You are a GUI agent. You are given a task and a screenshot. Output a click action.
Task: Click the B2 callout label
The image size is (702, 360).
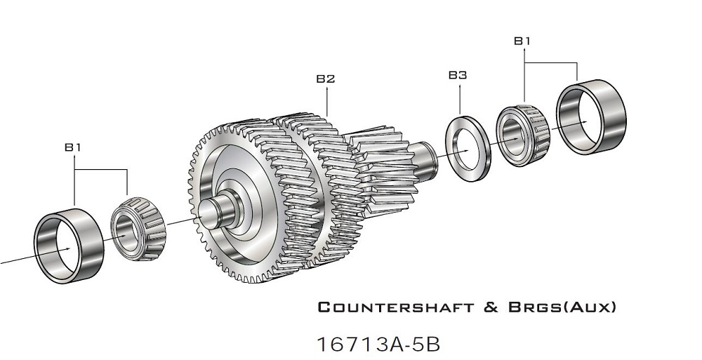pyautogui.click(x=325, y=79)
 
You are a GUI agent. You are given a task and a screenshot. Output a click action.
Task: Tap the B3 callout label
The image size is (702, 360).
pyautogui.click(x=458, y=74)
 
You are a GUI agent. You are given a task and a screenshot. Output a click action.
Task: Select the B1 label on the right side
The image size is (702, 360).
pyautogui.click(x=522, y=41)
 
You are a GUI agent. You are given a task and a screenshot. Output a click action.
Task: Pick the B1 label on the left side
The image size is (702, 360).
pyautogui.click(x=74, y=147)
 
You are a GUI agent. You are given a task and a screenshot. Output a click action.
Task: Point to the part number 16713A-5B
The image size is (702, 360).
pyautogui.click(x=379, y=345)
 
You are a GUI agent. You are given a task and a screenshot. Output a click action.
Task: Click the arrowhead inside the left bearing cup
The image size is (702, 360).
pyautogui.click(x=67, y=248)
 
